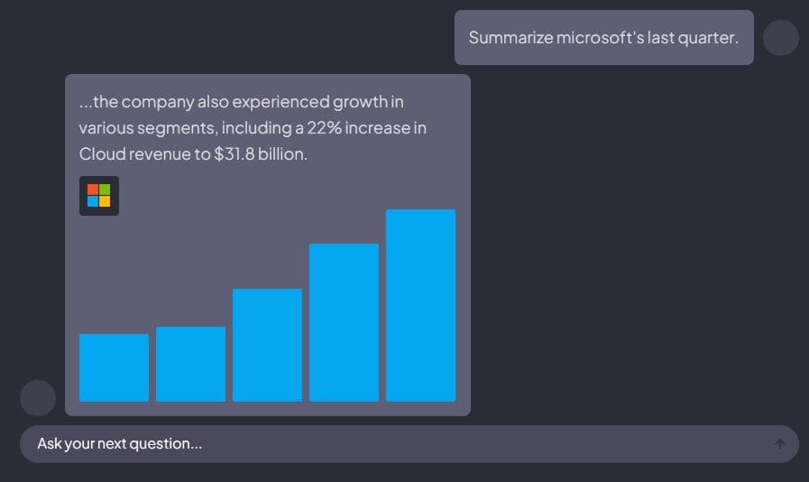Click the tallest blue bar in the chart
(x=420, y=305)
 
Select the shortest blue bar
(x=114, y=367)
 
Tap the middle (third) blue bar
(x=267, y=345)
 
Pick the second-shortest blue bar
(x=190, y=364)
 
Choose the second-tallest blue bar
(x=344, y=322)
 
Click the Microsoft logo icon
(x=99, y=196)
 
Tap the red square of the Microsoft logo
(x=93, y=190)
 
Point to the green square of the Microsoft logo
(x=105, y=190)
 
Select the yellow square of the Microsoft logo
(x=105, y=201)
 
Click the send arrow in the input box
(x=780, y=444)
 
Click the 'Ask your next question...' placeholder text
(x=119, y=444)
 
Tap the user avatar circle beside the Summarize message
(x=781, y=38)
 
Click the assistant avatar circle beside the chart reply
(x=38, y=398)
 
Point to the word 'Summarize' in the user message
(x=503, y=38)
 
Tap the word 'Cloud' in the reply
(x=101, y=154)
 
